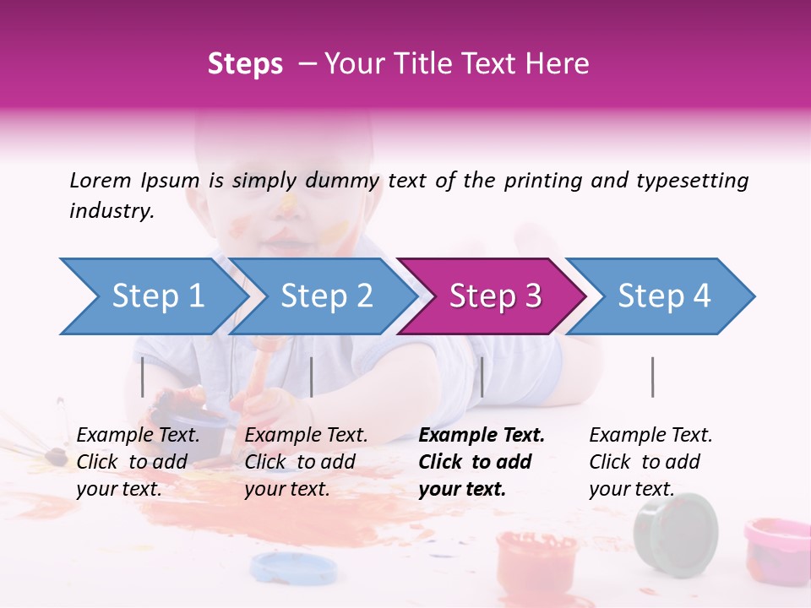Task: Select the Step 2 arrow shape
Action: [325, 296]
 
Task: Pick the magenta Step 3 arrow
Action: [494, 296]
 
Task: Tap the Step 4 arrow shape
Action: [663, 296]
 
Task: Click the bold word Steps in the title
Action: [245, 63]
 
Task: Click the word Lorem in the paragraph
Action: [101, 180]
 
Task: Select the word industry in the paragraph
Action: [112, 210]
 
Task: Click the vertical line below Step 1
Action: [143, 377]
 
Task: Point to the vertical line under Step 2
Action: [312, 377]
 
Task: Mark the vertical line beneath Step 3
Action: [482, 377]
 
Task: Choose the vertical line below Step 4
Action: [652, 377]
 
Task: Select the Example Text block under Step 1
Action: [138, 462]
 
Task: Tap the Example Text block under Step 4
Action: [650, 462]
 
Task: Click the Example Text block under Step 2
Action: [306, 462]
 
